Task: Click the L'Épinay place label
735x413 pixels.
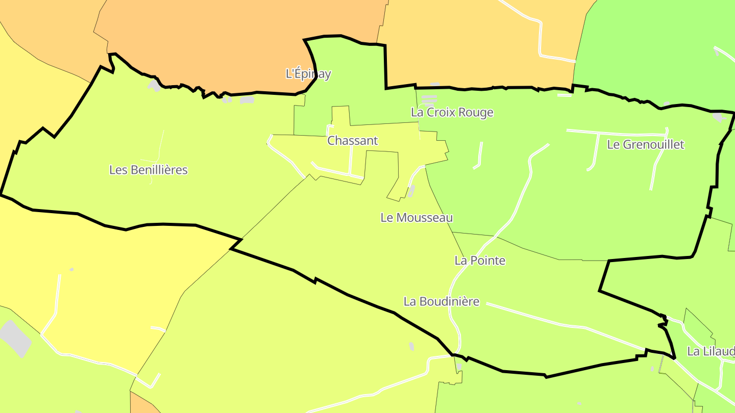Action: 308,74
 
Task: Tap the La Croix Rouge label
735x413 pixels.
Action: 452,112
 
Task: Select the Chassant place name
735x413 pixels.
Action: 353,141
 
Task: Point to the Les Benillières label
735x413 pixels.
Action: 149,170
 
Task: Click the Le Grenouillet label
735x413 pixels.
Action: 645,144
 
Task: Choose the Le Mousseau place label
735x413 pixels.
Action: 416,218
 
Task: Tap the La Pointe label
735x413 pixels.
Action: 480,261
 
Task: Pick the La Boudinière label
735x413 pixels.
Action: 442,301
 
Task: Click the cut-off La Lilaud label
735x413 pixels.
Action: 710,351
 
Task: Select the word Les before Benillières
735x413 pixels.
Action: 118,170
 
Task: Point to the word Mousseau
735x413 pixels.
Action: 425,218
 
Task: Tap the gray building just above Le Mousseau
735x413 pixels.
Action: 411,191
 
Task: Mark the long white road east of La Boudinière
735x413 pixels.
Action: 561,323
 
